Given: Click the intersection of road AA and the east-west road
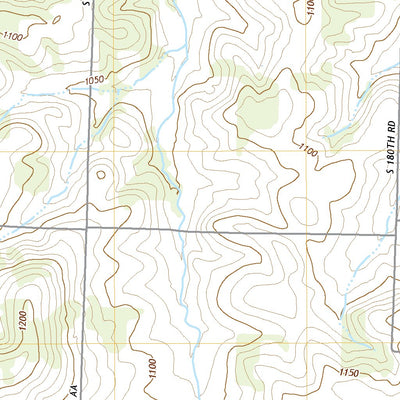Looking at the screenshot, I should click(x=87, y=229).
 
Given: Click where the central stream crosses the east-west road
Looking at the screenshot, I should click(x=180, y=232).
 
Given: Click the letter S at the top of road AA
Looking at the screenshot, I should click(x=87, y=4).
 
